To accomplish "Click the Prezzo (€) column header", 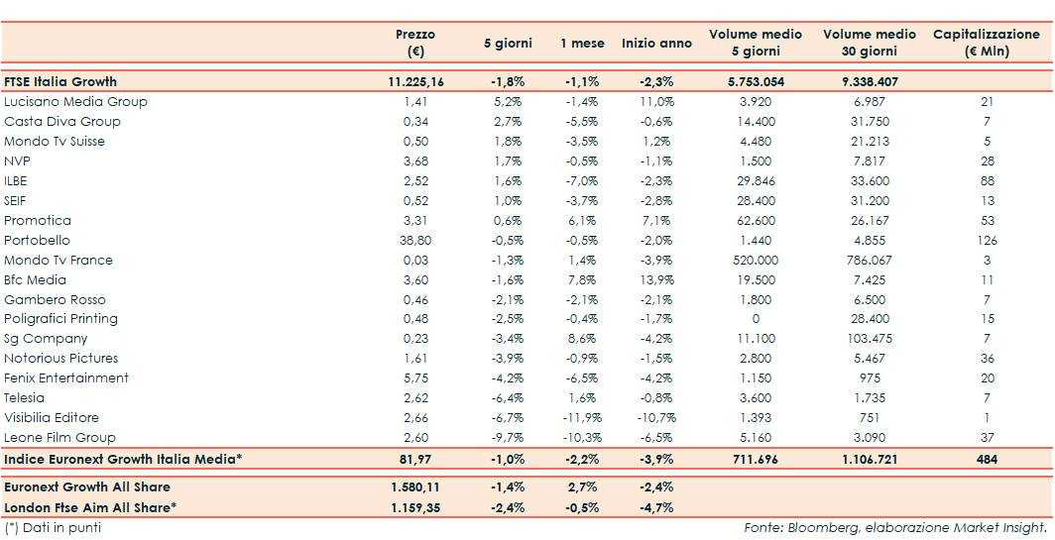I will tap(414, 43).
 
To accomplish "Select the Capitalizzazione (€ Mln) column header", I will tap(986, 43).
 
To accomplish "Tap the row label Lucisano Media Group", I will tap(75, 101).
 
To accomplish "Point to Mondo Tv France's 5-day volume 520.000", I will tap(755, 260).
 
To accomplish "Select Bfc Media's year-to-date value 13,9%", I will tap(656, 279).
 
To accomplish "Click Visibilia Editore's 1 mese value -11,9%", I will tap(580, 417).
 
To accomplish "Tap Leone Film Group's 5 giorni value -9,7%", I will tap(507, 437).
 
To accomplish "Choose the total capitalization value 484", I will tap(986, 459).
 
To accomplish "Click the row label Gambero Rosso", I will tap(55, 299).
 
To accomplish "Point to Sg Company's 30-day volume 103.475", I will tap(870, 339).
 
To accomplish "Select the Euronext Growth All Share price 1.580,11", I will tap(415, 486).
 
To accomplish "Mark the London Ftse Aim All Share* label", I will tap(90, 507).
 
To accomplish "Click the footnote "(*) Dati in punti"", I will tap(53, 527).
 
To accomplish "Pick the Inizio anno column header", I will tap(656, 43).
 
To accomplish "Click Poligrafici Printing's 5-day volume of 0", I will tap(755, 319).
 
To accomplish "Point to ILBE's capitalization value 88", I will tap(986, 180).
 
